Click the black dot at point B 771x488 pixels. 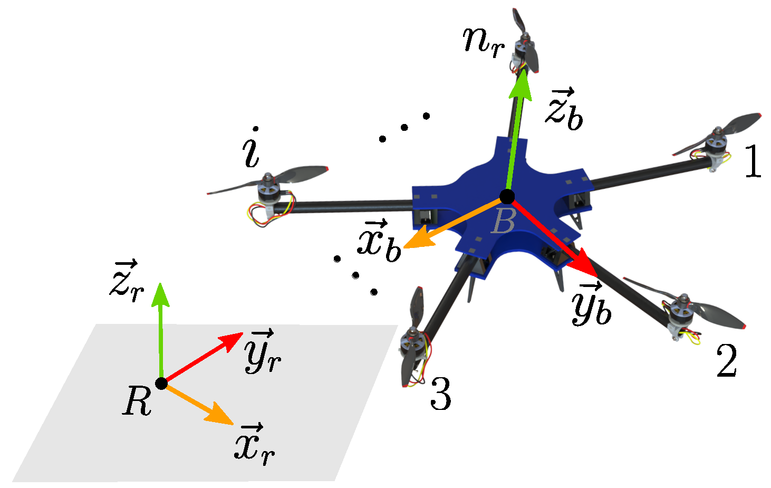click(x=507, y=197)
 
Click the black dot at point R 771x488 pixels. click(x=162, y=384)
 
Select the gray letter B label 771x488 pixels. click(x=503, y=222)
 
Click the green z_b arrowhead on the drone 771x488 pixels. click(x=522, y=84)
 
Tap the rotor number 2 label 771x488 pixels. click(x=727, y=361)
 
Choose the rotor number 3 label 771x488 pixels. click(x=440, y=394)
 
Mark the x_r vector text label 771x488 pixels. click(x=254, y=444)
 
